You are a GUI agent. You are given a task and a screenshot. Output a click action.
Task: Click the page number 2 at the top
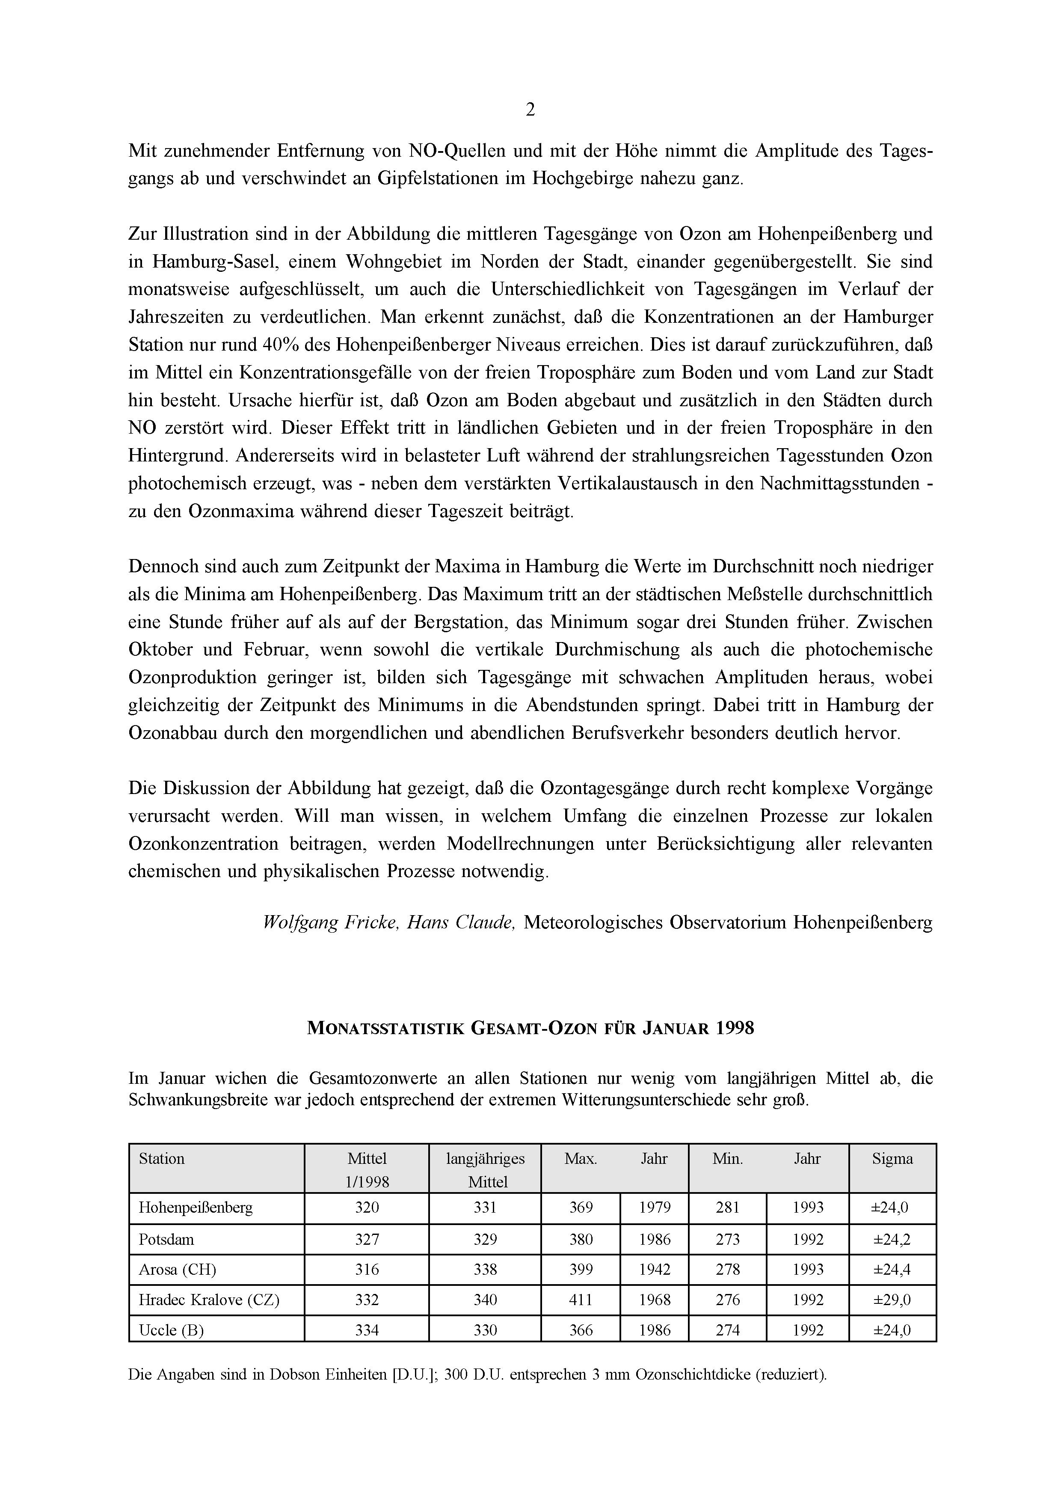tap(530, 110)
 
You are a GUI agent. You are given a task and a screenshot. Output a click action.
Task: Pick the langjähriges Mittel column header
tap(485, 1170)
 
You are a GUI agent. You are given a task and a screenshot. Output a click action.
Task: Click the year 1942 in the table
tap(655, 1270)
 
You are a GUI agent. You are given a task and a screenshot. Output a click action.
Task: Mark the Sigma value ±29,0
tap(892, 1300)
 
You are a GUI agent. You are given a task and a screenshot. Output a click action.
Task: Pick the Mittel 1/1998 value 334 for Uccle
tap(367, 1331)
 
